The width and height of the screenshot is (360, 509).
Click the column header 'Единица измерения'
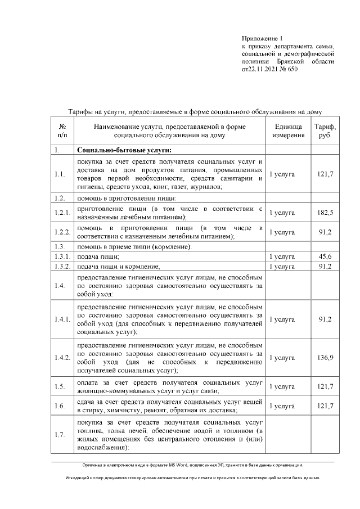(287, 131)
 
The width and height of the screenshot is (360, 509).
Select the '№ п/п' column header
(62, 131)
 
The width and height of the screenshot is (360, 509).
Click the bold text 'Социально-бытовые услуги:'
(123, 150)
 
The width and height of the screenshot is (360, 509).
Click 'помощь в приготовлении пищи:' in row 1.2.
(127, 198)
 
